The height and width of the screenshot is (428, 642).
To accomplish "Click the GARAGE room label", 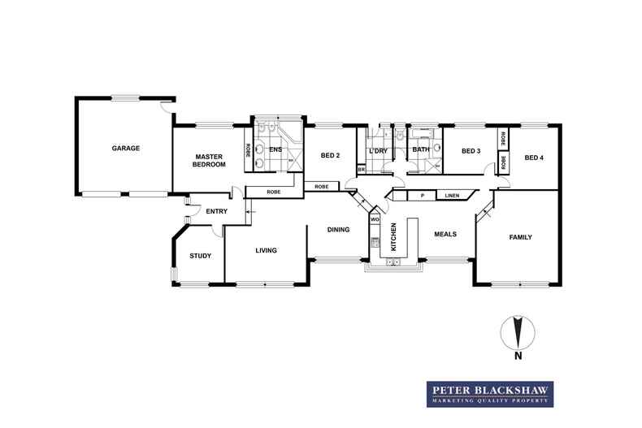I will click(126, 149).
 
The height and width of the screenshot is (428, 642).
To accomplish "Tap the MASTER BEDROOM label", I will click(208, 160).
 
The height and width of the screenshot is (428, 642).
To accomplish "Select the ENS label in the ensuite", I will click(275, 149).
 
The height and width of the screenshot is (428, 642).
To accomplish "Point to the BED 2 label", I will click(329, 155).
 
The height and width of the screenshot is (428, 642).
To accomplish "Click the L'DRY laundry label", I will click(377, 151).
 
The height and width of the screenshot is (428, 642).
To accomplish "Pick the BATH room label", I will click(420, 149).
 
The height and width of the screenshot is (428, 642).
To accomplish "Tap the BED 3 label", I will click(471, 151).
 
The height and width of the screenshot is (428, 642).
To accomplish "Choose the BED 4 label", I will click(534, 157).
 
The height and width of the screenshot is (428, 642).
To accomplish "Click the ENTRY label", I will click(216, 212).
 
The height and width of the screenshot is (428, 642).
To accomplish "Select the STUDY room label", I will click(200, 256).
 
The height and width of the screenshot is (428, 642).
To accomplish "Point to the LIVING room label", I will click(266, 251).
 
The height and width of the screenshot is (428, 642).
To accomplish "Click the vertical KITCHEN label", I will click(393, 235).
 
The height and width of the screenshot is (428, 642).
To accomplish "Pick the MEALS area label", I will click(445, 234).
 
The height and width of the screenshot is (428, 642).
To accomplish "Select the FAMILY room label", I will click(520, 238).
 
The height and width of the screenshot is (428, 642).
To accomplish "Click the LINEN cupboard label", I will click(453, 196).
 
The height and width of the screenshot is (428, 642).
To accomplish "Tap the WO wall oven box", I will click(375, 219).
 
